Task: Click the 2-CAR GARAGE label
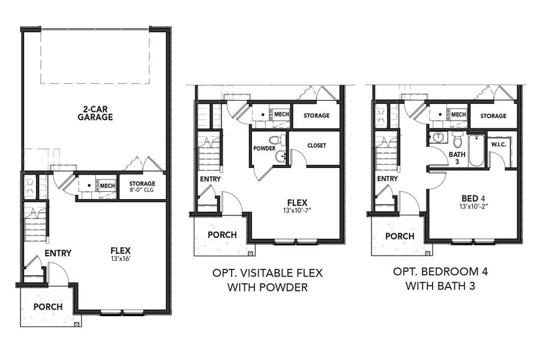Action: (x=95, y=113)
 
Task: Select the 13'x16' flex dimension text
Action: (x=120, y=260)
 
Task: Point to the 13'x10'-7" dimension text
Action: (x=296, y=211)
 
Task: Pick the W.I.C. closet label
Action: (x=500, y=145)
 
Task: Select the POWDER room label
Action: (x=265, y=148)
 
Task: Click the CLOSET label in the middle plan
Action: (x=316, y=145)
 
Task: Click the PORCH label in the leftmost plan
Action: (x=48, y=307)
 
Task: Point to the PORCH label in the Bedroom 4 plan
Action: (x=400, y=236)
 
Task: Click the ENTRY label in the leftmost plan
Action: (x=58, y=253)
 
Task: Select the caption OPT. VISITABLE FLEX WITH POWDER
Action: (x=267, y=280)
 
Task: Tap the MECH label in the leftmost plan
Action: (x=107, y=186)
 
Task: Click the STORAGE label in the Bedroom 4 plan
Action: (x=493, y=116)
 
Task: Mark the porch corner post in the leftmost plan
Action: (x=76, y=324)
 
